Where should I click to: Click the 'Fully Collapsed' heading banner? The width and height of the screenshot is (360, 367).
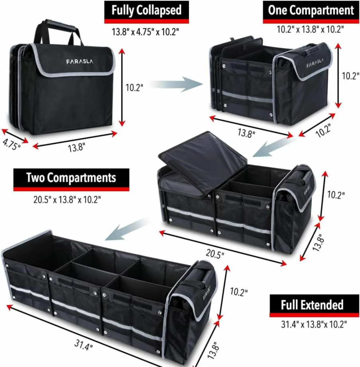(x=146, y=12)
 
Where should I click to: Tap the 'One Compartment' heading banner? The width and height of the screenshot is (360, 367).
(x=311, y=12)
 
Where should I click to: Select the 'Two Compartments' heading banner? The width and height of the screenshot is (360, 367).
(x=71, y=180)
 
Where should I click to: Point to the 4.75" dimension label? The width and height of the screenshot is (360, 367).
(x=11, y=144)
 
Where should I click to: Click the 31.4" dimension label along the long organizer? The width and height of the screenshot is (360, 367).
(x=84, y=345)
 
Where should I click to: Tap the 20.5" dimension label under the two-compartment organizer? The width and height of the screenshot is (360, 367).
(x=215, y=254)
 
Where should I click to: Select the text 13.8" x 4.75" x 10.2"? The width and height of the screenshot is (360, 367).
(x=145, y=31)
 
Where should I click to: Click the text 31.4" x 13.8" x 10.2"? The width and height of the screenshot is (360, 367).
(x=314, y=324)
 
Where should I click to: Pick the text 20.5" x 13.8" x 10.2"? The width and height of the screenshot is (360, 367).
(x=67, y=200)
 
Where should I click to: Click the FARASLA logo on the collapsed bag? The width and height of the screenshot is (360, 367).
(x=80, y=61)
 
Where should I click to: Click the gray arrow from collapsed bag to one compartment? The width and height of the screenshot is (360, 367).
(x=176, y=84)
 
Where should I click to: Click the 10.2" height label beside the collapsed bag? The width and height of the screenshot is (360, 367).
(x=134, y=88)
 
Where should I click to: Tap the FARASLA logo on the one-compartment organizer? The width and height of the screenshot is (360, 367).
(x=315, y=63)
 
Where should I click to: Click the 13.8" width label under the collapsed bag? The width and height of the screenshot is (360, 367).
(x=76, y=148)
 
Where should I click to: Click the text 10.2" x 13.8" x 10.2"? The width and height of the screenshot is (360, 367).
(x=310, y=29)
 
